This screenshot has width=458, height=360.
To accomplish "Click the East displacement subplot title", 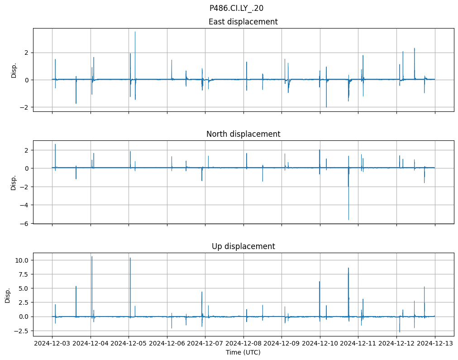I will [243, 22].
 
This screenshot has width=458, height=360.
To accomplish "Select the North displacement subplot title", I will [243, 134].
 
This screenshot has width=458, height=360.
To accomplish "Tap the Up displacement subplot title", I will [243, 246].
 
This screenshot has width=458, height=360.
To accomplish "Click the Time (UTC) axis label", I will [243, 352].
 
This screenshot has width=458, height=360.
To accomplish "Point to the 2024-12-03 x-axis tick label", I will [52, 344].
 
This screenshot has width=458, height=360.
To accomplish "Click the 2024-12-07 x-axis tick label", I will [205, 344].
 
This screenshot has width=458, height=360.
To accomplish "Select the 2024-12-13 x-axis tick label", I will [435, 344].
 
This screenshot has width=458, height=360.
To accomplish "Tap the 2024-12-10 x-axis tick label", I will [320, 344].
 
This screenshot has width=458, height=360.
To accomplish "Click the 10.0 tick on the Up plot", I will [23, 260].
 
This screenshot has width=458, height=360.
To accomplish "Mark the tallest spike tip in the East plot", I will [135, 32].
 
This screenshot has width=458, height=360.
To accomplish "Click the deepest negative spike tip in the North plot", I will [348, 220].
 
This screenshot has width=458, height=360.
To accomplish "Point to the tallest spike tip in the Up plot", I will [92, 257].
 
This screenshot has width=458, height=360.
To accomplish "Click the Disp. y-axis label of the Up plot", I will [8, 296].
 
